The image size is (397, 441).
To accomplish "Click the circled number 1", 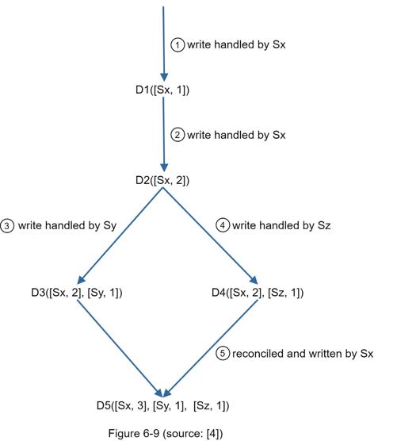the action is [x=178, y=44].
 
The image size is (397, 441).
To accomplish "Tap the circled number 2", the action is [x=178, y=135].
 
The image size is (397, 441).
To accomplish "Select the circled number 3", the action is [x=7, y=225].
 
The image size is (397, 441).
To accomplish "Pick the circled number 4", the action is [x=223, y=225].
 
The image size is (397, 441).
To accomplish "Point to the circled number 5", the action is [x=223, y=353].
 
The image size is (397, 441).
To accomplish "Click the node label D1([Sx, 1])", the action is [x=162, y=90].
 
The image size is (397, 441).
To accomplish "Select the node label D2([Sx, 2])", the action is [x=162, y=180].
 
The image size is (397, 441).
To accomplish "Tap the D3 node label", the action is [x=77, y=293].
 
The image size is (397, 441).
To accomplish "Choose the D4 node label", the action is [x=258, y=293].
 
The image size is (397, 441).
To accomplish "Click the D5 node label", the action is [x=163, y=406].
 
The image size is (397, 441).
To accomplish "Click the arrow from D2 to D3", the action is [x=120, y=236].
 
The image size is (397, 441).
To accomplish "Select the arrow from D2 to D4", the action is [x=210, y=236].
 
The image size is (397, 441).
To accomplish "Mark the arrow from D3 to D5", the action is [x=120, y=348].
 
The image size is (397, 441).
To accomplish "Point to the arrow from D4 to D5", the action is [x=210, y=348].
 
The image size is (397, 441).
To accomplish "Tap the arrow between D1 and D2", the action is [x=163, y=134].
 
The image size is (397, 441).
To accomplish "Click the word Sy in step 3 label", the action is [x=110, y=226].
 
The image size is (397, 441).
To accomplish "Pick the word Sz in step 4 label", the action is [x=324, y=225].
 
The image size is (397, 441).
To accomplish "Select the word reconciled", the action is [x=258, y=354].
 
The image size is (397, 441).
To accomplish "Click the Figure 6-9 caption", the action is [x=166, y=433].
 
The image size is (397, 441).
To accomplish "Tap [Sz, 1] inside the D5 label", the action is [x=212, y=406].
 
